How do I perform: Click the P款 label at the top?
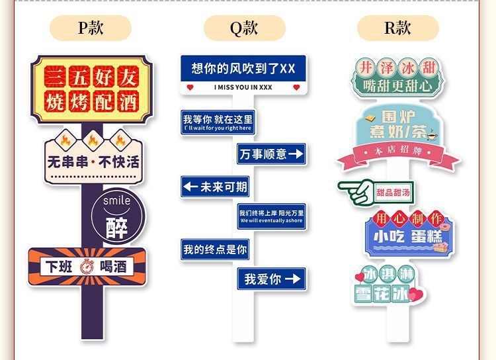(x=91, y=28)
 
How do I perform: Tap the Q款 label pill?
(x=244, y=28)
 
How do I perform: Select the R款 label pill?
(x=397, y=28)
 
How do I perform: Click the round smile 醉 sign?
(x=117, y=216)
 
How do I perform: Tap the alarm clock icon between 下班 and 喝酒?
(x=87, y=267)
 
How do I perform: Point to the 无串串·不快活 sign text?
(x=93, y=161)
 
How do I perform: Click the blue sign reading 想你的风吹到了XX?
(x=243, y=68)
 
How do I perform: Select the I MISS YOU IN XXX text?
(x=243, y=87)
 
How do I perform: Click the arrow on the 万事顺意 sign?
(x=296, y=154)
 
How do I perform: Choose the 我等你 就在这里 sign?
(x=218, y=122)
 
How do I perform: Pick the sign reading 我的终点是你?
(x=215, y=249)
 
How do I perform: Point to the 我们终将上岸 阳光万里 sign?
(x=272, y=216)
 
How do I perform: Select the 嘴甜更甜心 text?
(x=397, y=85)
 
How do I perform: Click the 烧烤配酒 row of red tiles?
(x=91, y=101)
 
